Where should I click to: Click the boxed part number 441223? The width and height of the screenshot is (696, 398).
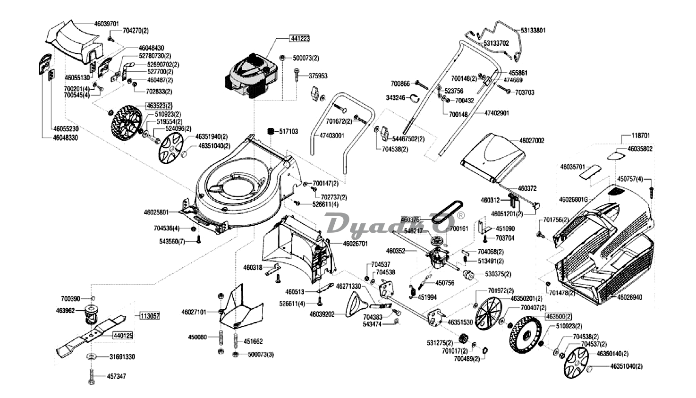click(300, 39)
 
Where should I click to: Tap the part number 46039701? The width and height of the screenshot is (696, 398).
click(106, 23)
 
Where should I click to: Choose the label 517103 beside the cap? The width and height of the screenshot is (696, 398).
click(289, 131)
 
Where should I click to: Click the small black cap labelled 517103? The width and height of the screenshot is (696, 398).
click(271, 131)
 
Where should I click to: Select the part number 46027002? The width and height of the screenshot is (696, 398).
click(532, 141)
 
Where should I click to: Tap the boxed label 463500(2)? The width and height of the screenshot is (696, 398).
click(559, 316)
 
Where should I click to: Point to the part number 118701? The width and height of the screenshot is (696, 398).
click(641, 135)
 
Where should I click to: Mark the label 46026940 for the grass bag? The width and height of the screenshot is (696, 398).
click(629, 297)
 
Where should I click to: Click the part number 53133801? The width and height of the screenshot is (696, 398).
click(533, 30)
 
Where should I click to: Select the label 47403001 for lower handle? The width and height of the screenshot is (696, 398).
click(331, 135)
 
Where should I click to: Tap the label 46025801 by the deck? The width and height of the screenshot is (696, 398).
click(156, 212)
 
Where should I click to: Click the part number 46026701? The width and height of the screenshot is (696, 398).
click(355, 244)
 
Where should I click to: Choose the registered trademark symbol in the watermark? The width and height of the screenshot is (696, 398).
click(461, 215)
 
